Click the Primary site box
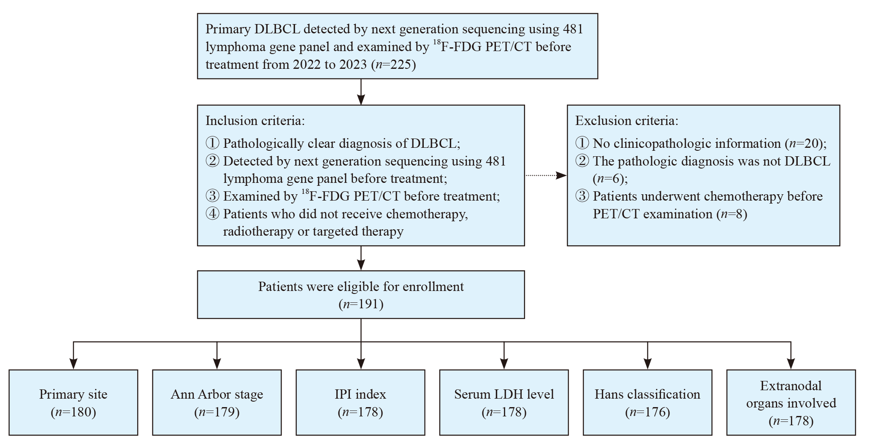73,402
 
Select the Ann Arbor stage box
217,402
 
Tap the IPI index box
360,402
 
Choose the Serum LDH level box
504,402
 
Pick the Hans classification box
647,402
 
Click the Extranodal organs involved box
791,402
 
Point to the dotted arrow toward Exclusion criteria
546,175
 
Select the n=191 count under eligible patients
361,304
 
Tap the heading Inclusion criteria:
255,121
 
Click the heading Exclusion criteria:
627,121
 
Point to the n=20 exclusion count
804,144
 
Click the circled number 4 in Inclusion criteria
212,214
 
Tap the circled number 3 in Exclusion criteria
582,196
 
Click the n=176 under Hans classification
647,412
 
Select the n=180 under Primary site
73,412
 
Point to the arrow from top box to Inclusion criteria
361,92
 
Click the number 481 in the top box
573,29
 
